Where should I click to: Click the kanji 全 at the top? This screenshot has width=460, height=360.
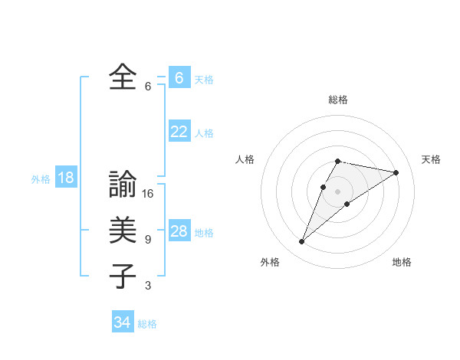pos(123,77)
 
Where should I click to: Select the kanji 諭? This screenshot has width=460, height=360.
pos(123,186)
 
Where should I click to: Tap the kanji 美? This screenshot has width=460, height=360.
pos(123,231)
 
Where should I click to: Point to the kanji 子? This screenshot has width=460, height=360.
pos(123,276)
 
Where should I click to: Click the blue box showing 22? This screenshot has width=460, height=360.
pos(179,132)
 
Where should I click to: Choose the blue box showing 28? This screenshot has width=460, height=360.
pos(179,231)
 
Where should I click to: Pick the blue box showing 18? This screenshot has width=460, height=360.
pos(66,178)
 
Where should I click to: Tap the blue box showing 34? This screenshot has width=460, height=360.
pos(123,322)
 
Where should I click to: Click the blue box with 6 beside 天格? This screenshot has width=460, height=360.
pos(179,78)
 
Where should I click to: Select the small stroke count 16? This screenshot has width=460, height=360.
pos(148,194)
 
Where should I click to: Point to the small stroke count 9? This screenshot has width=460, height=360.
pos(148,240)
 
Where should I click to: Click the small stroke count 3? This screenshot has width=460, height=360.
pos(148,286)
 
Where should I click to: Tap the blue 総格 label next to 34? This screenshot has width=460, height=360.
pos(147,324)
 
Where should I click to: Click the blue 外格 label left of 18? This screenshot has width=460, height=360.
pos(41,179)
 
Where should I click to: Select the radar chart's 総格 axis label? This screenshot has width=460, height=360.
pos(337,100)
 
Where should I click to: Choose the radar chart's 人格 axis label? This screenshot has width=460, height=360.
pos(245,159)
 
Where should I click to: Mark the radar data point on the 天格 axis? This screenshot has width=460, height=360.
pos(396,172)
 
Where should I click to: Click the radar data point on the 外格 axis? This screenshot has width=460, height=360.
pos(301,242)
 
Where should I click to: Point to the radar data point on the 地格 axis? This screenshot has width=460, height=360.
pos(347,204)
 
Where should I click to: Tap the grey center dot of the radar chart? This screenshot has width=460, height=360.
pos(337,191)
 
